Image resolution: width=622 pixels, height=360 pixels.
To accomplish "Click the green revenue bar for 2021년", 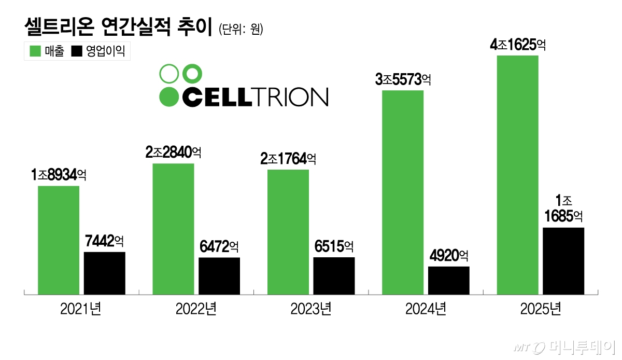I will click(x=59, y=240).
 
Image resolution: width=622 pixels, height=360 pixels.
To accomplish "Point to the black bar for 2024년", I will click(x=449, y=281).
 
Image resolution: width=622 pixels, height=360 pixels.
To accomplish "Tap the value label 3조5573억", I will click(x=403, y=80).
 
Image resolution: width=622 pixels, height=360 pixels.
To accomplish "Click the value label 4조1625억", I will click(x=518, y=45).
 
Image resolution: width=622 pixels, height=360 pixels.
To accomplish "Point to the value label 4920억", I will click(x=449, y=256).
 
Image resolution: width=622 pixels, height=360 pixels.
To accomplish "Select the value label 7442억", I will click(x=104, y=241).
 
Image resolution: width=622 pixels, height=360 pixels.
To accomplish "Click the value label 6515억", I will click(x=334, y=246).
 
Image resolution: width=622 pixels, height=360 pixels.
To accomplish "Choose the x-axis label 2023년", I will click(x=310, y=310).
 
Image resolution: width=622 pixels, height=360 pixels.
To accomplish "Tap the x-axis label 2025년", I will click(x=541, y=310).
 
